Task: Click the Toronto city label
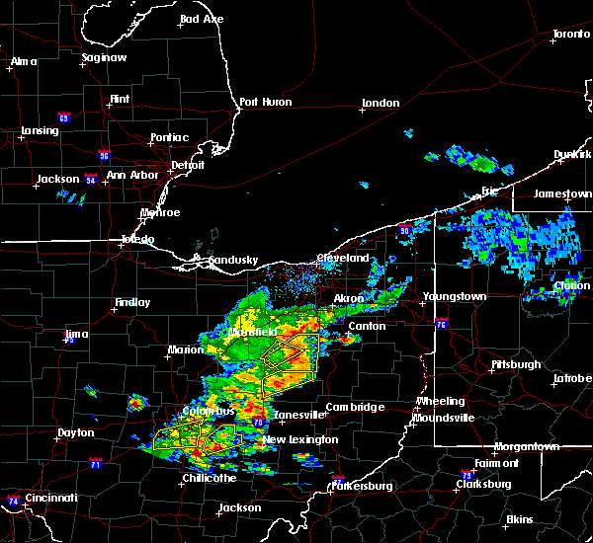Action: tap(570, 35)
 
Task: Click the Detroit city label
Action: tap(188, 164)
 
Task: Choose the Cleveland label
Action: tap(342, 258)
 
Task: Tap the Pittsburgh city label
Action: tap(516, 364)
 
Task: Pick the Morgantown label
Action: tap(527, 446)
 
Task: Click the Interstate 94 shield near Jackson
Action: tap(88, 179)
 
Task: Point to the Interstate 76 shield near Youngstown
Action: tap(441, 323)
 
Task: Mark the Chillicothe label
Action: tap(209, 478)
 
